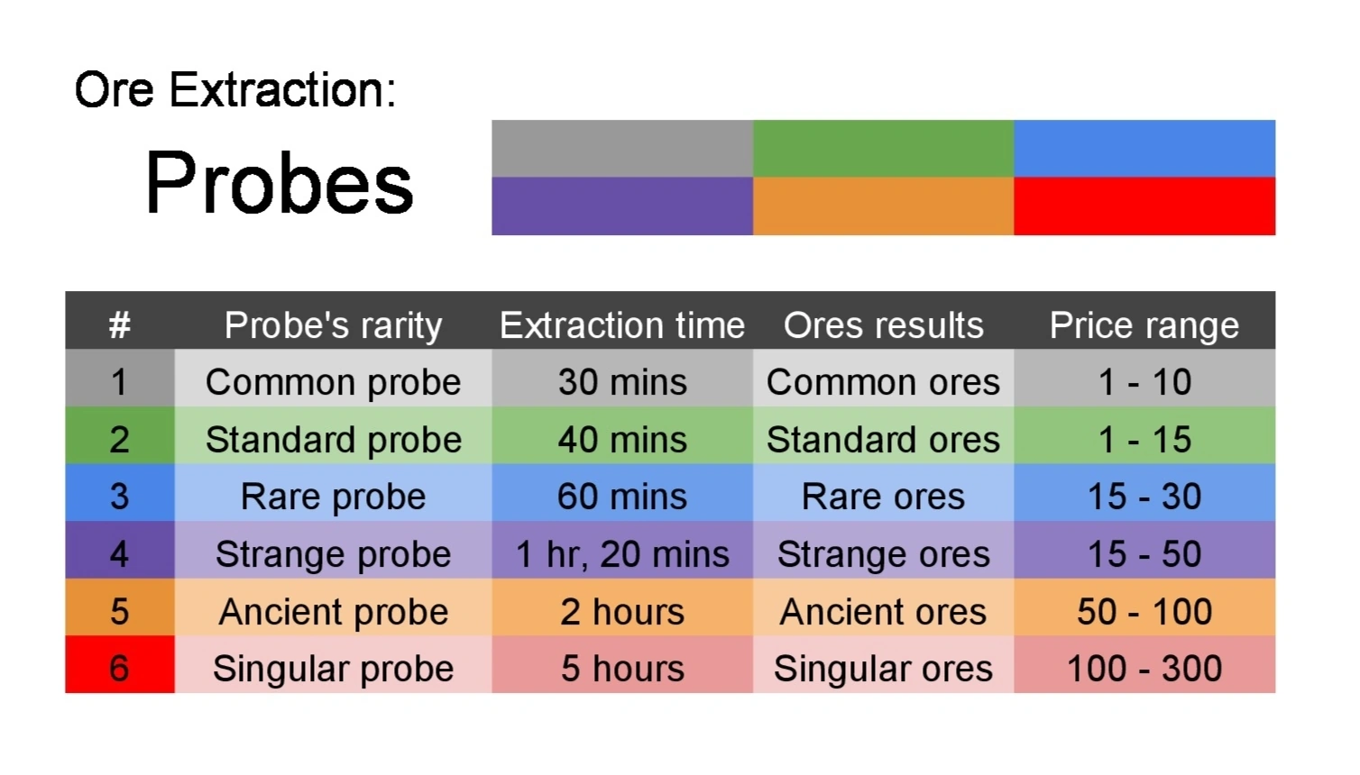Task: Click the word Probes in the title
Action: pos(279,183)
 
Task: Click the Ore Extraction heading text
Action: pos(235,90)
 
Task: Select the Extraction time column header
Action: pos(622,324)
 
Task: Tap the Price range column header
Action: pos(1144,324)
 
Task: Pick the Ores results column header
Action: pos(883,324)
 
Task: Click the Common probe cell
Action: pos(333,382)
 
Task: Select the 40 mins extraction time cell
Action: pos(622,440)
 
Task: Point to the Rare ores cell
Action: pos(883,497)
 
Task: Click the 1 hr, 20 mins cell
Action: pos(622,554)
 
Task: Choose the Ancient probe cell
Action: pos(333,612)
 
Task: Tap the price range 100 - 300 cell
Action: pos(1144,669)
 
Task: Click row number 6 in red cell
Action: pos(119,669)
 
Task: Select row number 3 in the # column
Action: pos(119,497)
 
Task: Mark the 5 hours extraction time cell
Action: pos(622,669)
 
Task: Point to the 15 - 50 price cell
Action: pos(1144,554)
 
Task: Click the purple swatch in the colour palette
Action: pos(622,206)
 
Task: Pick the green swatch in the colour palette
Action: pos(883,149)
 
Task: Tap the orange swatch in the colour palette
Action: pos(883,206)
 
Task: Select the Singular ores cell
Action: pos(883,669)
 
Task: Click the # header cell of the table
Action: pos(119,324)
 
